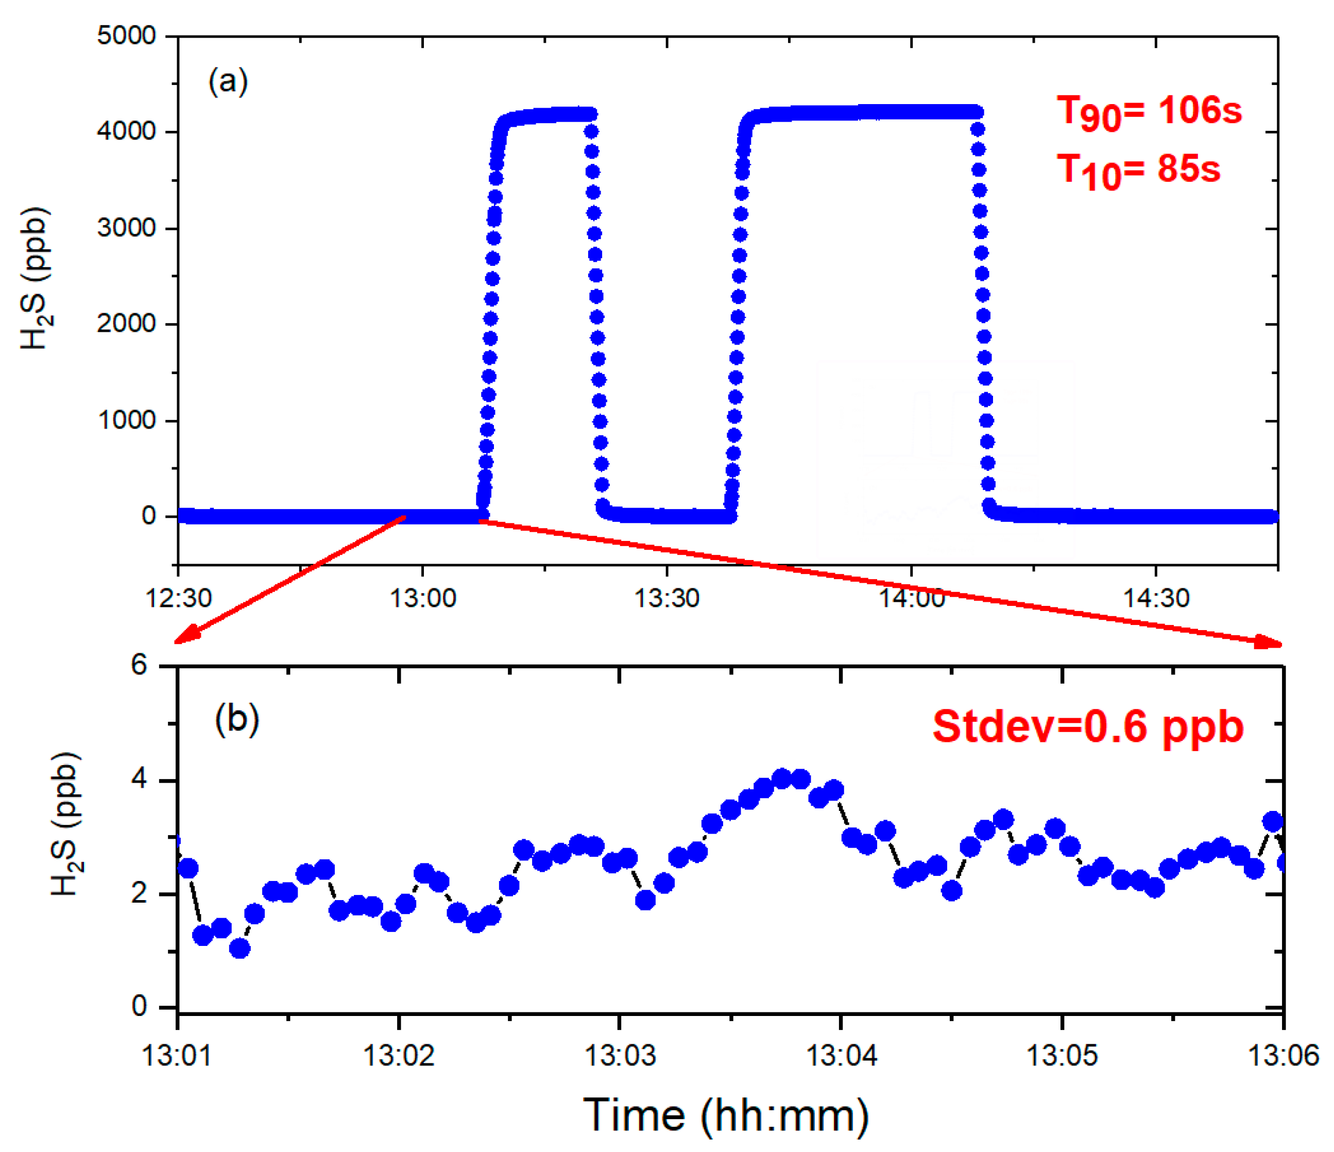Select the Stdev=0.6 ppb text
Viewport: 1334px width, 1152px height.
coord(1087,727)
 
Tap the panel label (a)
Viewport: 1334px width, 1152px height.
coord(228,82)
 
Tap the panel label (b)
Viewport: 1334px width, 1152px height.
coord(236,719)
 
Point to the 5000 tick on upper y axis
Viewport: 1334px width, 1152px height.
coord(126,36)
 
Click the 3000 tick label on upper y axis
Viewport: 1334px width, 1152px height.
coord(126,228)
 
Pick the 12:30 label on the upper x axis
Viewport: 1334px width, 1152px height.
coord(178,599)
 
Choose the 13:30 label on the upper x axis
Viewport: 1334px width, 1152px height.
coord(666,599)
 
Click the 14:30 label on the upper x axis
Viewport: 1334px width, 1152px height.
coord(1156,599)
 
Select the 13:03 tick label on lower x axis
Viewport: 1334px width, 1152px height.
coord(619,1056)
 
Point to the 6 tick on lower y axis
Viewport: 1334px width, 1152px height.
coord(139,665)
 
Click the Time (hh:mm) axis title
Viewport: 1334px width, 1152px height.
coord(726,1116)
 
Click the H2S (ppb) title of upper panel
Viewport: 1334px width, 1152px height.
coord(35,278)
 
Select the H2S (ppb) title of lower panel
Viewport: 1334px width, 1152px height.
coord(66,824)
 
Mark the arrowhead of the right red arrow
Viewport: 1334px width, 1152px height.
coord(1273,642)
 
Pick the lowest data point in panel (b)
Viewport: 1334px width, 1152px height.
coord(240,948)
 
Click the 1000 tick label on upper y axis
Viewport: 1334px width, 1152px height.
coord(126,420)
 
